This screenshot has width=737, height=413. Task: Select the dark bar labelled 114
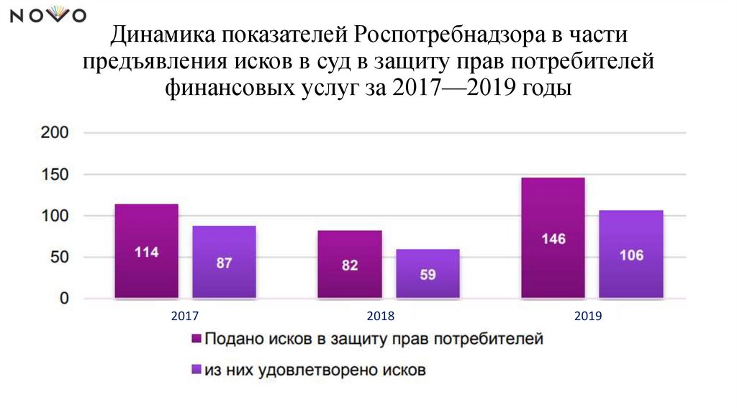[x=146, y=251]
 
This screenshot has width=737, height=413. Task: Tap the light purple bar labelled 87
[x=224, y=262]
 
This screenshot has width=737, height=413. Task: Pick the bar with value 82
[x=350, y=264]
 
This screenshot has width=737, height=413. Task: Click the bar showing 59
[x=428, y=273]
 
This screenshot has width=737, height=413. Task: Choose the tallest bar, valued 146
[x=553, y=237]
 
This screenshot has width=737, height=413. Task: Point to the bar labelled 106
[x=630, y=254]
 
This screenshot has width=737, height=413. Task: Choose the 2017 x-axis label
[x=185, y=316]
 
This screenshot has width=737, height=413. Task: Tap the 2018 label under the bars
[x=381, y=316]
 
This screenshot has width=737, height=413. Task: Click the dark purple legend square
[x=195, y=339]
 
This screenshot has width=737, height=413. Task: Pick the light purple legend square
[x=195, y=371]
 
